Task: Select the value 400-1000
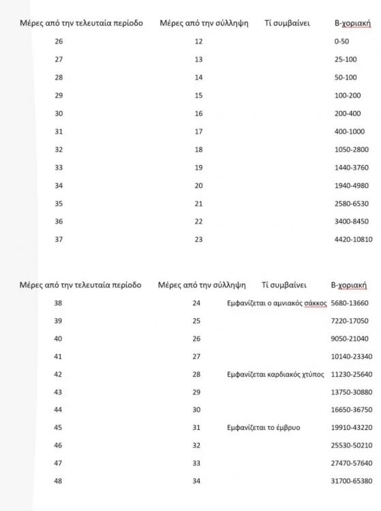tap(344, 131)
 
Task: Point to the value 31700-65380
tap(351, 481)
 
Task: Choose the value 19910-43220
tap(351, 427)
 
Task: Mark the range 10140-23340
tap(351, 356)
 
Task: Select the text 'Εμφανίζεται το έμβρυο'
tap(263, 427)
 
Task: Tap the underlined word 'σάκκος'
tap(314, 303)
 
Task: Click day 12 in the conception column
tap(198, 42)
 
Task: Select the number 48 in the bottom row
tap(58, 481)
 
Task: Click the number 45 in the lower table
tap(58, 427)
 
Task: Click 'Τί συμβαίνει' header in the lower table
tap(284, 285)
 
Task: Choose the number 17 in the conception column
tap(198, 131)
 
